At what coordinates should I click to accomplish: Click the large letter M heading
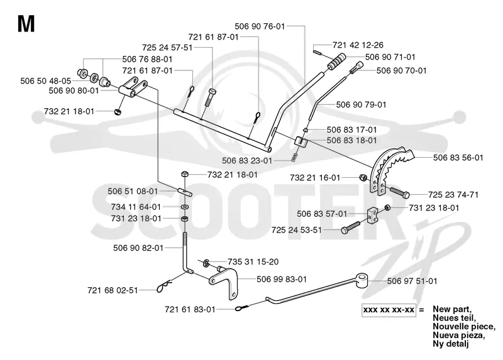pyautogui.click(x=26, y=24)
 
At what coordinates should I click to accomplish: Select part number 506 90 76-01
pyautogui.click(x=260, y=26)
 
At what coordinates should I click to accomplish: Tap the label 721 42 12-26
pyautogui.click(x=358, y=45)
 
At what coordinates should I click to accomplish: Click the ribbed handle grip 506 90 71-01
pyautogui.click(x=336, y=61)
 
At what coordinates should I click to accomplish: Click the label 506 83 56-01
pyautogui.click(x=458, y=158)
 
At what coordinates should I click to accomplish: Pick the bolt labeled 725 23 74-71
pyautogui.click(x=400, y=192)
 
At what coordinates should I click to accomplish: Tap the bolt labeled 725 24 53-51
pyautogui.click(x=350, y=227)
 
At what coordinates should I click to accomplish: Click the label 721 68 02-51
pyautogui.click(x=113, y=290)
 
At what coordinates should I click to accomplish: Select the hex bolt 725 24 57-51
pyautogui.click(x=210, y=97)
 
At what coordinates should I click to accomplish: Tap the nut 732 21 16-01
pyautogui.click(x=363, y=177)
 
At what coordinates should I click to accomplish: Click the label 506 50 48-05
pyautogui.click(x=45, y=81)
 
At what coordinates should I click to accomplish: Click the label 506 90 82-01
pyautogui.click(x=138, y=248)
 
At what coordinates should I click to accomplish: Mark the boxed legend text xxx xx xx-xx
pyautogui.click(x=389, y=310)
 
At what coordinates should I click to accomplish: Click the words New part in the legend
pyautogui.click(x=452, y=309)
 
